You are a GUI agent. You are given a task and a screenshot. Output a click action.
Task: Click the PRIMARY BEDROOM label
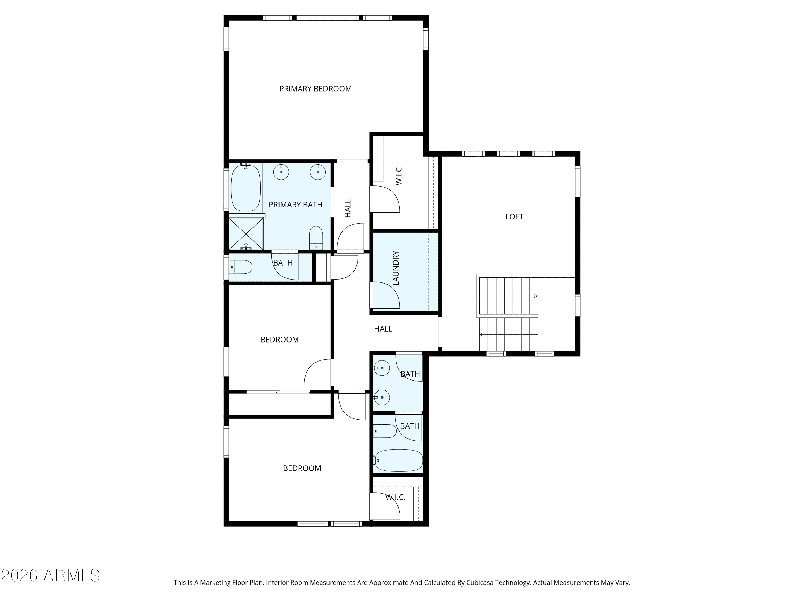point(315,89)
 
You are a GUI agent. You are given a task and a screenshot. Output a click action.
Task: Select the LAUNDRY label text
point(396,268)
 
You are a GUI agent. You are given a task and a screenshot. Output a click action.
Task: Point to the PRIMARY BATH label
point(295,205)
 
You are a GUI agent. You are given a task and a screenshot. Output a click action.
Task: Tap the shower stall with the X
point(246,234)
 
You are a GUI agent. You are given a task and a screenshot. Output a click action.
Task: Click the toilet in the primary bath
point(316,238)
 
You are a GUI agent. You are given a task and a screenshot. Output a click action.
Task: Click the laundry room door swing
point(385,295)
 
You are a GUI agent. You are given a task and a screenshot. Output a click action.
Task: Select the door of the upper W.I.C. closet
point(385,199)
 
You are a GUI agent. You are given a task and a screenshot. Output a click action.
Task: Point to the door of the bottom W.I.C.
point(385,506)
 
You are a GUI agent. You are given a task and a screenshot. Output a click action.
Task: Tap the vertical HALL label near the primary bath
point(348,208)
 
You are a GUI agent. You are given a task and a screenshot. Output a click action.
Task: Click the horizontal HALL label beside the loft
point(383,329)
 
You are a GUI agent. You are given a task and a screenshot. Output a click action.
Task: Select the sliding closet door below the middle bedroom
point(278,392)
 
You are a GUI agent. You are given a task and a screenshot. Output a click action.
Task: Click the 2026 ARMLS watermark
point(51,575)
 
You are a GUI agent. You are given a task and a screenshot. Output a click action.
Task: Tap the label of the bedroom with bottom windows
point(302,468)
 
